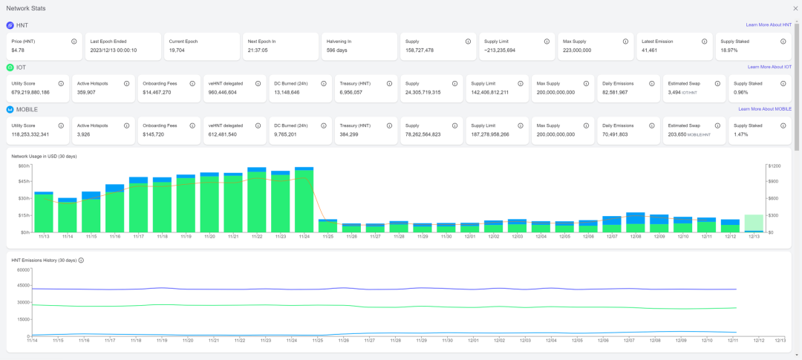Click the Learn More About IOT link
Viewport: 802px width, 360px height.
pyautogui.click(x=769, y=67)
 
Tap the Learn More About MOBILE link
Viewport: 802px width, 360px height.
pyautogui.click(x=765, y=109)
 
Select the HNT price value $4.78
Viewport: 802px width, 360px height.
pyautogui.click(x=19, y=50)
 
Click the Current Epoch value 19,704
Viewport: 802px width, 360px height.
pyautogui.click(x=177, y=50)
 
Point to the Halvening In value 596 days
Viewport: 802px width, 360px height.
pyautogui.click(x=338, y=50)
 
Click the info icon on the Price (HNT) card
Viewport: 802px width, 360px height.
pyautogui.click(x=74, y=42)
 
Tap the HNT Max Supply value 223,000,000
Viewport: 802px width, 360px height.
pyautogui.click(x=577, y=50)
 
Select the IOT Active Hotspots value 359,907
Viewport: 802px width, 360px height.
pyautogui.click(x=86, y=93)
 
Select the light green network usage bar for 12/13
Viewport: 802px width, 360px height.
pyautogui.click(x=754, y=223)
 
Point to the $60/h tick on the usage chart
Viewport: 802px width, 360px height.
pyautogui.click(x=24, y=166)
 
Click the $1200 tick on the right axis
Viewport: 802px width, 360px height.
pyautogui.click(x=774, y=166)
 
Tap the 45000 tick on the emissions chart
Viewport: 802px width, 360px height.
pyautogui.click(x=21, y=286)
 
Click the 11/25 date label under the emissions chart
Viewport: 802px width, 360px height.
pyautogui.click(x=318, y=340)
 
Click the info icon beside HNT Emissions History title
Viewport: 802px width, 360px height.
pyautogui.click(x=81, y=261)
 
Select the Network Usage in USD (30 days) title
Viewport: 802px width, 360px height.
pyautogui.click(x=44, y=157)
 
